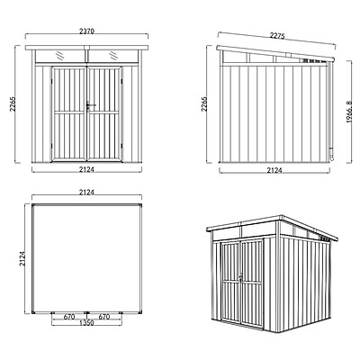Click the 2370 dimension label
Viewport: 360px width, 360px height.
(88, 29)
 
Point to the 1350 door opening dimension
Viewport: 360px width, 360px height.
(88, 322)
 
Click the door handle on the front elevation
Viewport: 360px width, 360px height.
(89, 107)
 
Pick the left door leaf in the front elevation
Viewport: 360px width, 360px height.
(71, 112)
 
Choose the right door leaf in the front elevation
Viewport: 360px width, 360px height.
(105, 112)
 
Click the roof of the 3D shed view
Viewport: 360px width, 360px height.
(270, 225)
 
